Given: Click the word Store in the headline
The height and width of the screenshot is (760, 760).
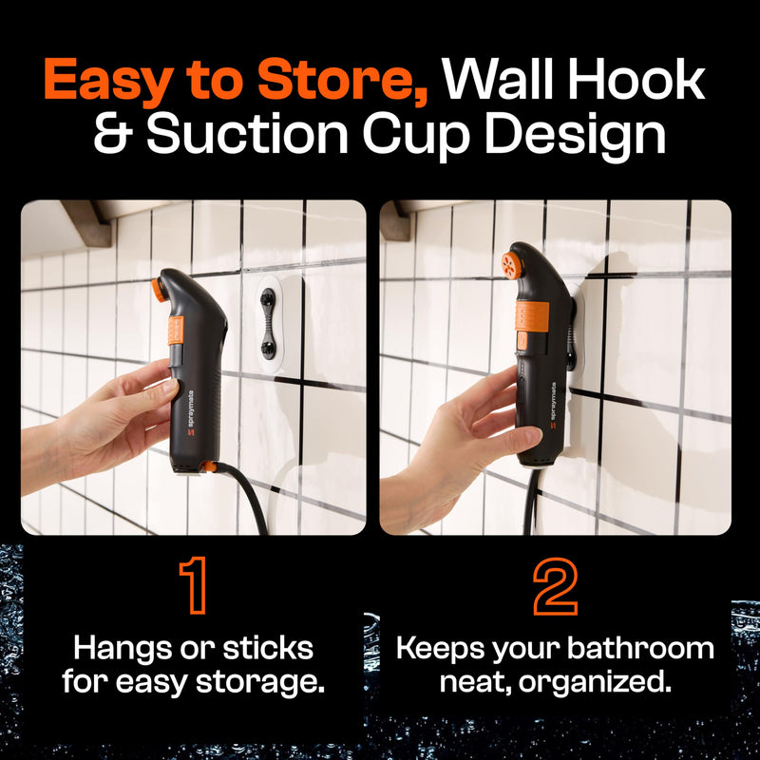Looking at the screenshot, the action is tap(342, 80).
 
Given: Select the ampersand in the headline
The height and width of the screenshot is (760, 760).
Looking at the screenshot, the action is tap(113, 133).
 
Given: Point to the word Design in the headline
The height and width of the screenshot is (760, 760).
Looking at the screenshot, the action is tap(576, 136).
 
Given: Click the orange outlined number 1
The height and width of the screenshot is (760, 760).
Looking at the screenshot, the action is tap(194, 585).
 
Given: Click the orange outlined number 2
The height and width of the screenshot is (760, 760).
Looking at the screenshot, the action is tap(555, 585).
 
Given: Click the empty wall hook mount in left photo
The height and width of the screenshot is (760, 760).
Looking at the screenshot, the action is tap(268, 324).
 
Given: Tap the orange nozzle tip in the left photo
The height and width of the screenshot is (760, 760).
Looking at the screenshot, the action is tap(159, 291).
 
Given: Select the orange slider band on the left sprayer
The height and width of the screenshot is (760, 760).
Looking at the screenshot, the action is tap(176, 331).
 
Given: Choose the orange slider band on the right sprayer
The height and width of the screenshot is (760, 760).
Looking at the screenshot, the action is tap(532, 316).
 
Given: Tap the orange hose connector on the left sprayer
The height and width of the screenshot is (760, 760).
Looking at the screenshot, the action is tap(209, 466).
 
